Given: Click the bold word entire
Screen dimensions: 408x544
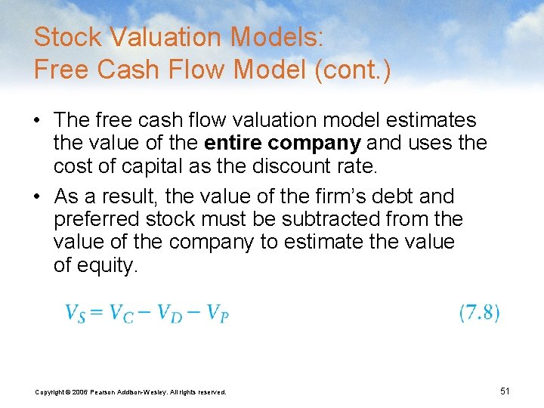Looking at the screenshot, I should (232, 142).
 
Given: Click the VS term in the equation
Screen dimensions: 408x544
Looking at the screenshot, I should (75, 313).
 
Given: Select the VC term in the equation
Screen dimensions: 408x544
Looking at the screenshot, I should (121, 313).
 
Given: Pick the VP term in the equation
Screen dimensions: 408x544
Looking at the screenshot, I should (216, 313).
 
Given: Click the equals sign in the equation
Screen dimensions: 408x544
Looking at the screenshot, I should (97, 313).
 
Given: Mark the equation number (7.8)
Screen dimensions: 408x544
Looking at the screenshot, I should (479, 313).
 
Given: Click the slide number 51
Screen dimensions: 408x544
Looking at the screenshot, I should (505, 391).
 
